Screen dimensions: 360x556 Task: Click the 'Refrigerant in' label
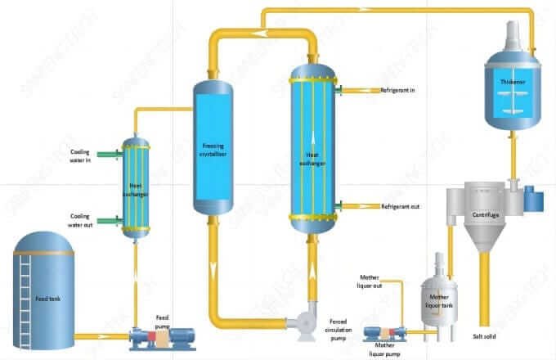398,90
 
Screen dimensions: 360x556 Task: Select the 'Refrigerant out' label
400,206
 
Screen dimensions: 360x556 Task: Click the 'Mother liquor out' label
376,283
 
